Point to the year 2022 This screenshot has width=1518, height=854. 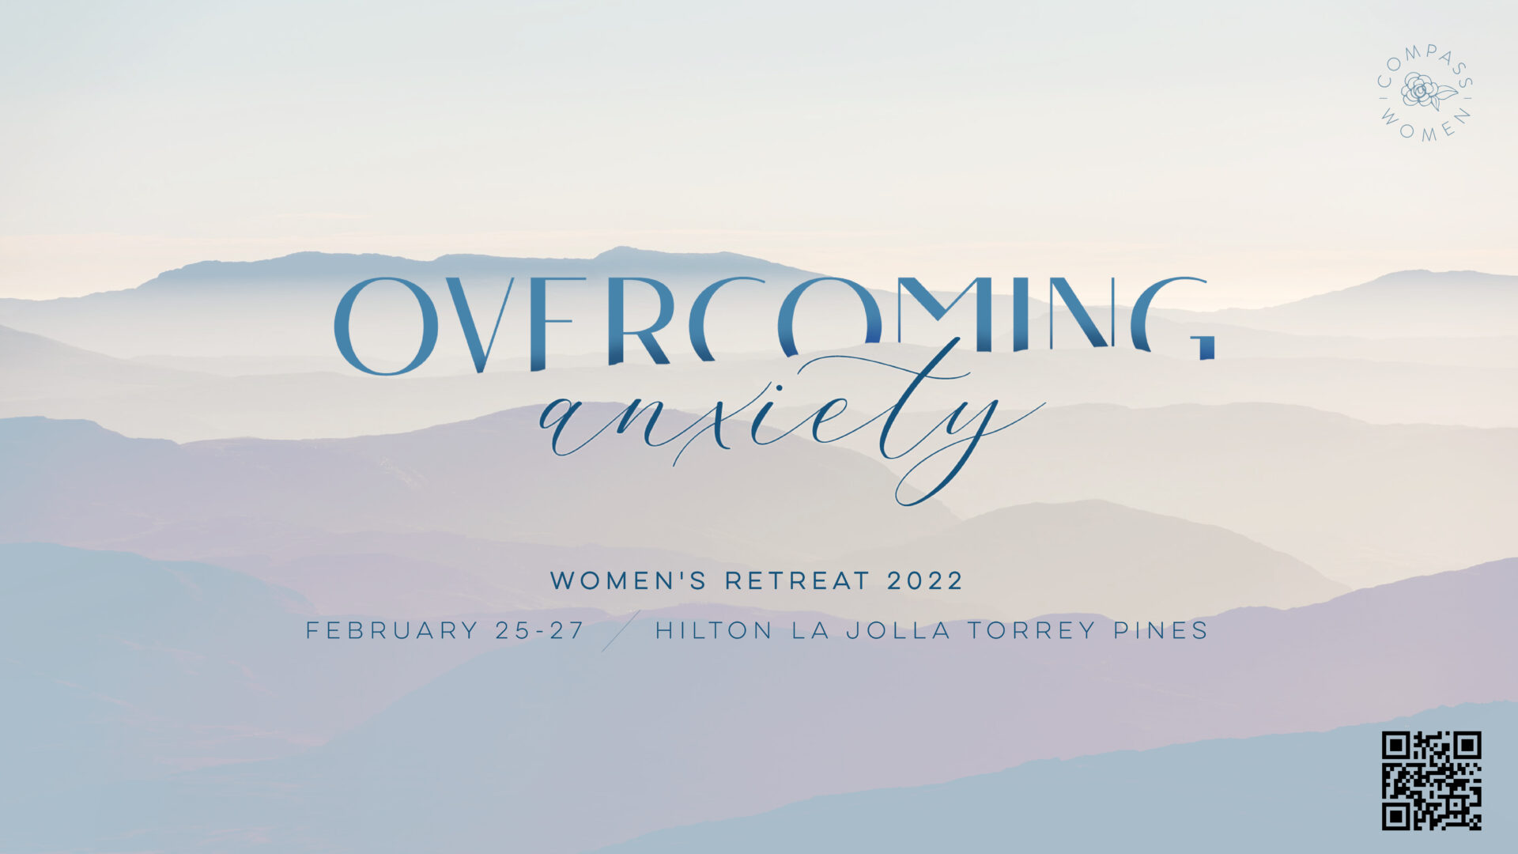click(x=925, y=581)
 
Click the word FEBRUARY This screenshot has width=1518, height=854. click(x=392, y=631)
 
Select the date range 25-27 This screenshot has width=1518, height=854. click(x=541, y=631)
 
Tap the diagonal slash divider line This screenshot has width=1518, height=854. click(x=621, y=631)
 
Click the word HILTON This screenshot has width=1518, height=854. click(x=714, y=631)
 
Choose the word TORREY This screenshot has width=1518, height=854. click(x=1033, y=631)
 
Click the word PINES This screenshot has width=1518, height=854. click(x=1161, y=631)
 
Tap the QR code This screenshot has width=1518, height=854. click(x=1431, y=781)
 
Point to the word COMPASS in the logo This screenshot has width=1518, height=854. click(x=1424, y=62)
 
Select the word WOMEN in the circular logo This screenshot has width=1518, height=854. click(x=1426, y=127)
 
